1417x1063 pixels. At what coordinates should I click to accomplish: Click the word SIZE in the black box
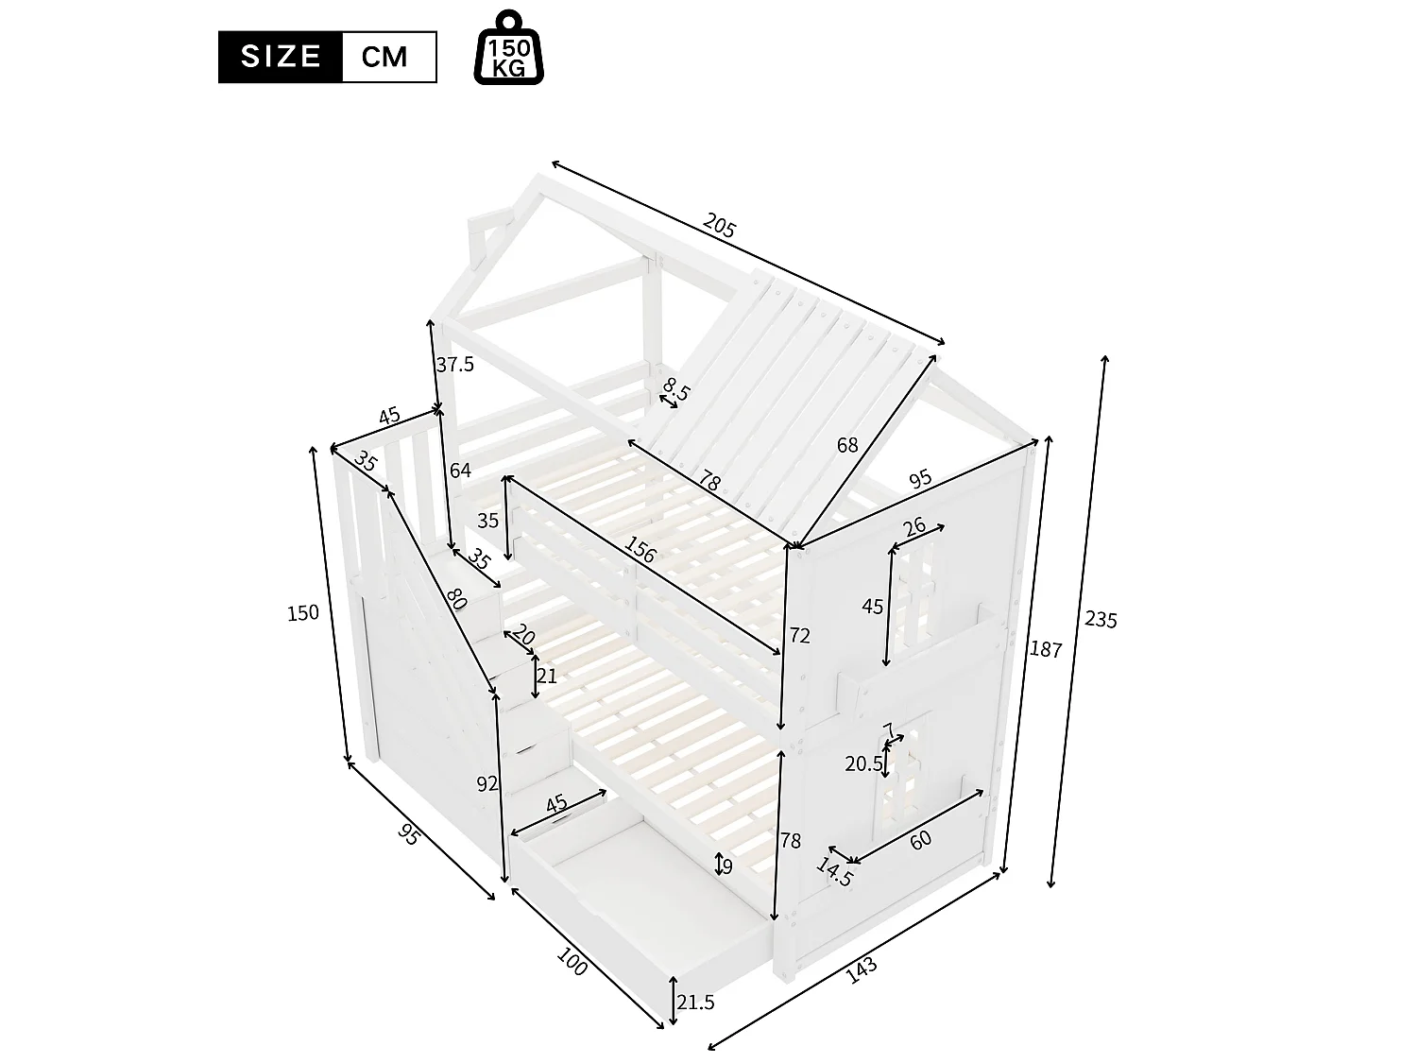pyautogui.click(x=280, y=57)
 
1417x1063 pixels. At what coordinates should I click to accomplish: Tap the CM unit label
pyautogui.click(x=385, y=58)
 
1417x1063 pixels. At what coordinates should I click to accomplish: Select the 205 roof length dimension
pyautogui.click(x=719, y=227)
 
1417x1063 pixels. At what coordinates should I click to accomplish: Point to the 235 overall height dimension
pyautogui.click(x=1101, y=620)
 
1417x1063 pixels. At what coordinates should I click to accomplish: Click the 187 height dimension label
pyautogui.click(x=1047, y=649)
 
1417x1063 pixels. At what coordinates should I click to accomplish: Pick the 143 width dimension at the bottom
pyautogui.click(x=861, y=970)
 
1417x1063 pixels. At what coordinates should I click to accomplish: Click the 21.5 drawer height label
pyautogui.click(x=696, y=1003)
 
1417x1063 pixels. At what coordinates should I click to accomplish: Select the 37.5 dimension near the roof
pyautogui.click(x=455, y=364)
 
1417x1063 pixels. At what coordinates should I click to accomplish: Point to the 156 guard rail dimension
pyautogui.click(x=640, y=550)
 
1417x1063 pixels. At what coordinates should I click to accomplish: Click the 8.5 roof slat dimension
pyautogui.click(x=675, y=388)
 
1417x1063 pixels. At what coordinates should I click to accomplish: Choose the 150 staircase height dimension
pyautogui.click(x=303, y=612)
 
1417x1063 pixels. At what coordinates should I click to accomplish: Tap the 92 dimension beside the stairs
pyautogui.click(x=487, y=783)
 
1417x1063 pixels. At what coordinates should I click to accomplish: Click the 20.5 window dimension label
pyautogui.click(x=863, y=763)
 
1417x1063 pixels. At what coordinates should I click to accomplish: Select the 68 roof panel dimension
pyautogui.click(x=847, y=444)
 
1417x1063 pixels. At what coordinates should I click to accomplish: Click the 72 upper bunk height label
pyautogui.click(x=799, y=636)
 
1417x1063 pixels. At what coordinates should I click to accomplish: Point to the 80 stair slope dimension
pyautogui.click(x=456, y=599)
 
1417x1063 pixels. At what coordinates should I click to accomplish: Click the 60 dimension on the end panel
pyautogui.click(x=921, y=838)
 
